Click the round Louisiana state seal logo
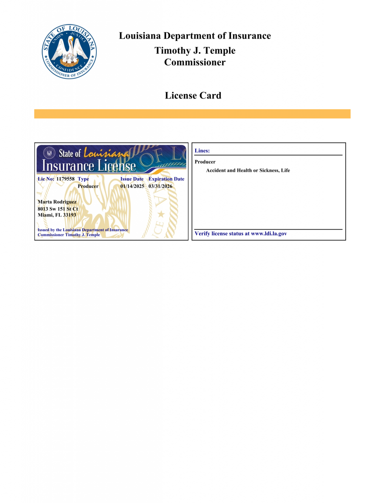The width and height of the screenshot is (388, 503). (69, 51)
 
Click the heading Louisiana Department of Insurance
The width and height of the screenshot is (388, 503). (195, 36)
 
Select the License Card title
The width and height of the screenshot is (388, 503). (193, 95)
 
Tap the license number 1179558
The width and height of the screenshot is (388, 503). (65, 179)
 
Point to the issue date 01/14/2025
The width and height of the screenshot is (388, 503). (132, 186)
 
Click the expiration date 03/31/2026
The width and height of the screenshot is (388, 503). (160, 186)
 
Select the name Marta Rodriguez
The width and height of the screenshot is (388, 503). (57, 202)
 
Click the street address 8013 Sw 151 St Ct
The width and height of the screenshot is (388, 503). (58, 209)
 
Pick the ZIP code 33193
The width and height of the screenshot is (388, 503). (69, 215)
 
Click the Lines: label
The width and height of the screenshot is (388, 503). (202, 151)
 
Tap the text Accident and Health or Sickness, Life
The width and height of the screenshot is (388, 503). (248, 170)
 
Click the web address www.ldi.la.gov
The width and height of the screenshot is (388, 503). (269, 233)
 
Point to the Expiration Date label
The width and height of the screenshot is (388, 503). (166, 179)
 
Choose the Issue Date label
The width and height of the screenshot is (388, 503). (132, 179)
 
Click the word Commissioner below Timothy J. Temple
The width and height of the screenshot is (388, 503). (195, 62)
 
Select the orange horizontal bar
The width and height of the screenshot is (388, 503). (192, 114)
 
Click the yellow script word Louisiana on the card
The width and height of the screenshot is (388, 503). (106, 153)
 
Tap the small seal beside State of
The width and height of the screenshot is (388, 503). (49, 153)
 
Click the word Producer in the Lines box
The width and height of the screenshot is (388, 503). (205, 162)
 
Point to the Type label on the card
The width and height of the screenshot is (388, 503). (83, 179)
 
